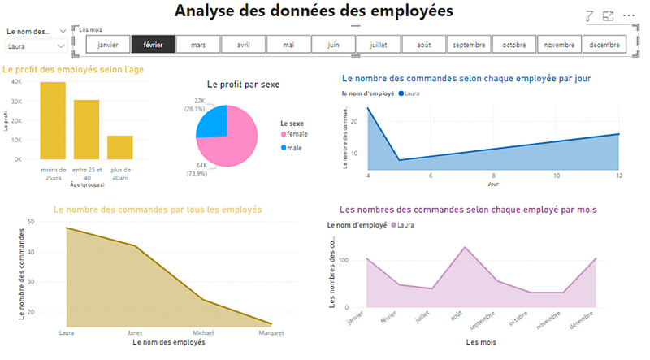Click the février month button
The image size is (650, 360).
[153, 45]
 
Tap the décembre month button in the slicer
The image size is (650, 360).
[603, 45]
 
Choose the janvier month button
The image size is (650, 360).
[108, 45]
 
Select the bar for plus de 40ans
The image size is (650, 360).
[119, 147]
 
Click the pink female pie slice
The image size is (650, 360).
[236, 138]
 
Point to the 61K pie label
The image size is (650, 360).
[200, 164]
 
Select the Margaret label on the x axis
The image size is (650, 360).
[271, 333]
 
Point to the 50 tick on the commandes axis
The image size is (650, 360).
[30, 221]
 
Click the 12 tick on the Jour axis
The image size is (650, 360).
[619, 176]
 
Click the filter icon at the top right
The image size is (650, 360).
[590, 15]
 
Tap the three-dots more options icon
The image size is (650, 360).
[628, 15]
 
